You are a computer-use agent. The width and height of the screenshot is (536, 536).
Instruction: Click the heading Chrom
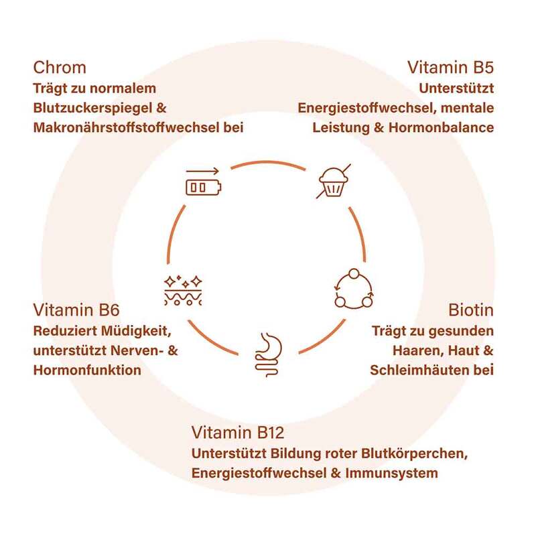pos(60,68)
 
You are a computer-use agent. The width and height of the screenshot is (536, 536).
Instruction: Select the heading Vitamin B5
pos(450,68)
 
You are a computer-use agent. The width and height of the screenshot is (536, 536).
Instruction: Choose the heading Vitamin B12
pos(243,432)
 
